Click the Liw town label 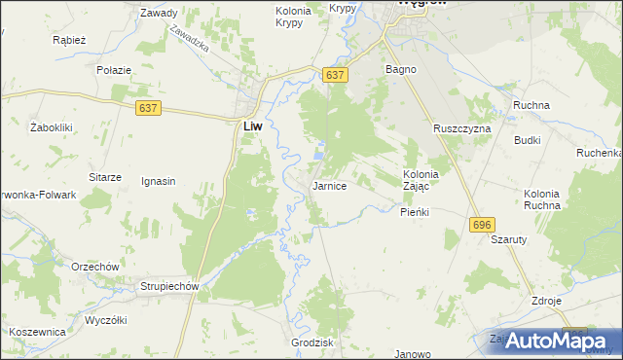point(251,126)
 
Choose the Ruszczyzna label point(462,128)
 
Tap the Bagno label point(401,70)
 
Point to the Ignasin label point(159,181)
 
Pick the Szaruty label point(509,239)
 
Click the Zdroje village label point(546,301)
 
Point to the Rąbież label point(71,41)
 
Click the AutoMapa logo point(550,341)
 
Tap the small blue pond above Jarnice point(320,154)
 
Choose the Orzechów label point(94,267)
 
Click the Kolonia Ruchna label point(541,199)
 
